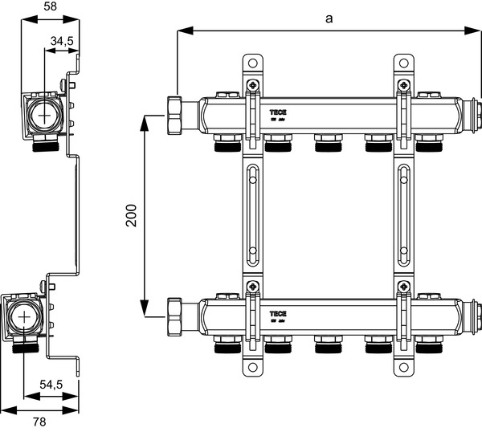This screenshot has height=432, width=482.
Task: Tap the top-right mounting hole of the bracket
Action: pos(402,62)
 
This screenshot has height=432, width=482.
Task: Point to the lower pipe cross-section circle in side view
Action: pos(27,316)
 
